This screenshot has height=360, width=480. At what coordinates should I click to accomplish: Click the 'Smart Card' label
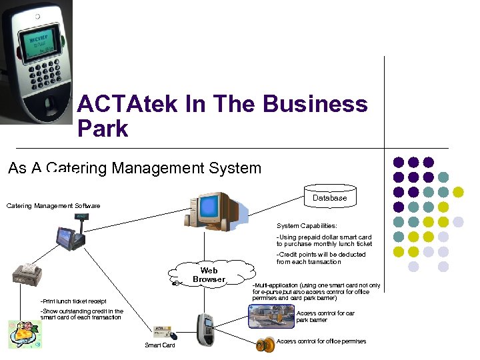[x=160, y=345]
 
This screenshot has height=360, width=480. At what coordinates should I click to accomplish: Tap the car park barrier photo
[x=270, y=317]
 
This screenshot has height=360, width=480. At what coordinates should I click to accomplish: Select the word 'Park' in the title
[x=103, y=128]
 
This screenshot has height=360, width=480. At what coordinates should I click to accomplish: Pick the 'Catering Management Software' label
[x=53, y=206]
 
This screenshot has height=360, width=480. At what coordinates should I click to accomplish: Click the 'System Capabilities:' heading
[x=307, y=226]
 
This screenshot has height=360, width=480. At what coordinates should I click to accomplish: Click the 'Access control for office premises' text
[x=321, y=341]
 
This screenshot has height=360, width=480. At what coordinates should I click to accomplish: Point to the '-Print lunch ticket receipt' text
[x=73, y=301]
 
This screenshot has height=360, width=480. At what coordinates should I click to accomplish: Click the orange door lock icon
[x=265, y=345]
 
